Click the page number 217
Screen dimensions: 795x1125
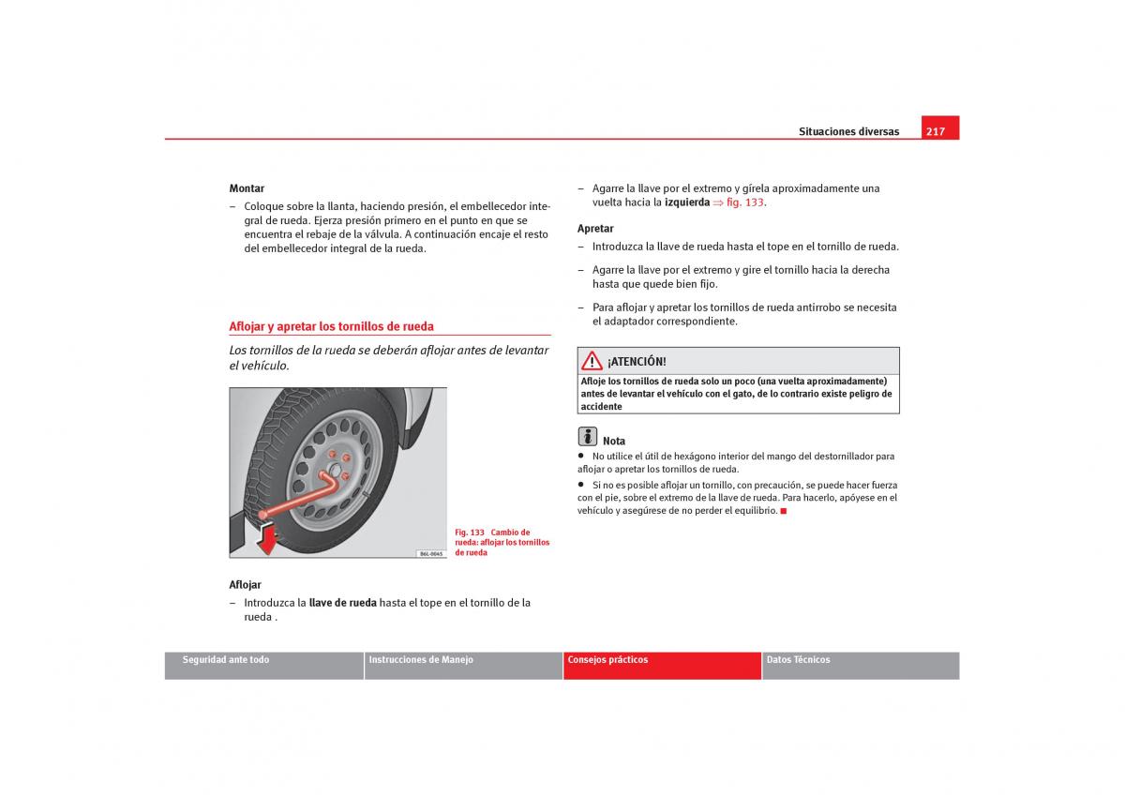(935, 131)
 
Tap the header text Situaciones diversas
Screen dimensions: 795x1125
(848, 131)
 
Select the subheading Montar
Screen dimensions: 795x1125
(247, 188)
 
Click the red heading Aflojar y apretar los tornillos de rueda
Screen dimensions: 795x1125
(332, 326)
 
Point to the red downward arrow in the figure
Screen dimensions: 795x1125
(268, 540)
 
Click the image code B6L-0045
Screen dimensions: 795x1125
(430, 553)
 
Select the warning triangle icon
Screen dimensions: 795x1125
(592, 361)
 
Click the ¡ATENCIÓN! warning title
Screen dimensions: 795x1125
(637, 362)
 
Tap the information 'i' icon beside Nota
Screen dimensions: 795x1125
(587, 436)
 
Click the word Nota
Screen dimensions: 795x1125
(614, 441)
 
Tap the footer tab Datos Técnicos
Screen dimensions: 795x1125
(798, 660)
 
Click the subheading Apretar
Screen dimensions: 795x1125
(595, 229)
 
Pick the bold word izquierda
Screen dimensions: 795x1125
(687, 202)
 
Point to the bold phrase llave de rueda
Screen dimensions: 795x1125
(343, 603)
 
